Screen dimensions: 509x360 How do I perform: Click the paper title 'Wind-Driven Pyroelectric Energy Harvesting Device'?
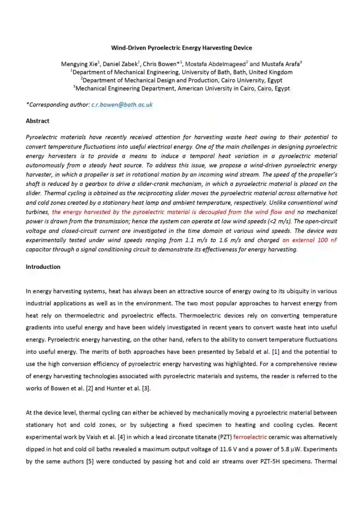[x=181, y=48]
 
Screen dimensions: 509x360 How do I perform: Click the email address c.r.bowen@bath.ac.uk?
[x=122, y=104]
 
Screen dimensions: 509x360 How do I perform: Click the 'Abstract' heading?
[x=37, y=121]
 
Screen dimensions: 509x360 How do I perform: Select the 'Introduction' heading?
[x=43, y=267]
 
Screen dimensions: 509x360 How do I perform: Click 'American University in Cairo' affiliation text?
[x=234, y=88]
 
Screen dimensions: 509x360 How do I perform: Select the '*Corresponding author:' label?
[x=58, y=104]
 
